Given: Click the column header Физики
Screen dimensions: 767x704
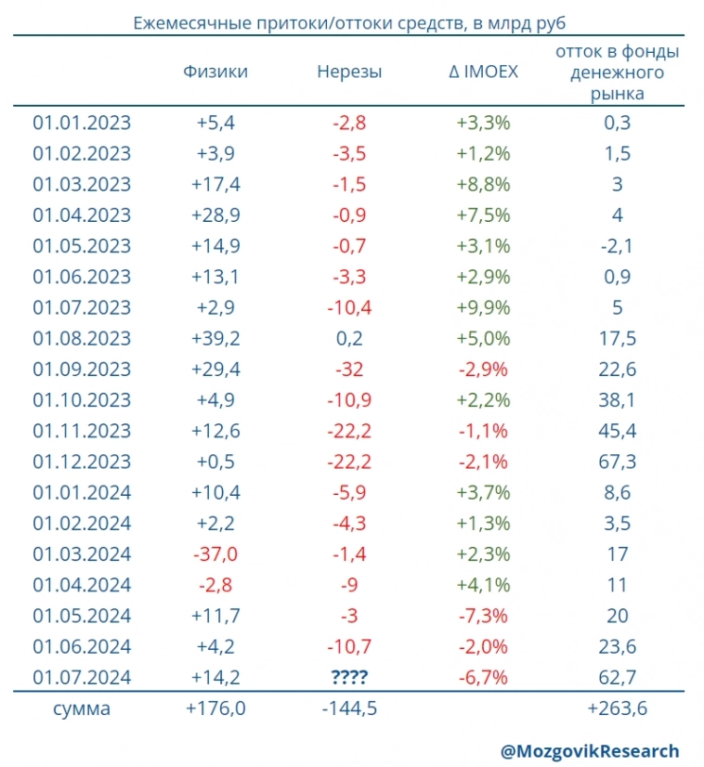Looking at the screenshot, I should point(215,71).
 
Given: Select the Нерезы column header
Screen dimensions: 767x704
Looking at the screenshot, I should point(349,71).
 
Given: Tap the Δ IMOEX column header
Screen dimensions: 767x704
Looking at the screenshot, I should point(483,71).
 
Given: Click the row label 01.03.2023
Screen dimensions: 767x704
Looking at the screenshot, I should point(82,184).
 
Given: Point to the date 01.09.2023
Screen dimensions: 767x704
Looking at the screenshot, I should point(82,369).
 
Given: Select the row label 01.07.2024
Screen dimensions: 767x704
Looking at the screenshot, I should point(82,677).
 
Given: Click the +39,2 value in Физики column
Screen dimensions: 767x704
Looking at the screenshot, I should point(215,338).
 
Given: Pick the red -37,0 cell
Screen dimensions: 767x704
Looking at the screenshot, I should point(215,553).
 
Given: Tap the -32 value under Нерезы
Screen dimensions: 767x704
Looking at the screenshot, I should point(349,369).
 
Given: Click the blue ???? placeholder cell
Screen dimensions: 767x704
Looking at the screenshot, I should point(349,677).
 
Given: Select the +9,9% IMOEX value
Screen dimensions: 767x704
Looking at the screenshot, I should point(483,307).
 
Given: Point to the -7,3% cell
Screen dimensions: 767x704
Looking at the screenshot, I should point(483,616).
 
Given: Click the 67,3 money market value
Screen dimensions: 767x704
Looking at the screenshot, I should point(618,461).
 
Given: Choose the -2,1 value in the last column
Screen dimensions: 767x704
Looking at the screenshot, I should point(618,245).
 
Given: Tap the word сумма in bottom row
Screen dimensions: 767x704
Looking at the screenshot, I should point(82,709).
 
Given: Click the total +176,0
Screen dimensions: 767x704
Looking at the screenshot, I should point(215,709).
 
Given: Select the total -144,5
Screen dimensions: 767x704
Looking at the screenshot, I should point(349,709).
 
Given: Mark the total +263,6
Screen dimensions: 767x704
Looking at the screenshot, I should point(618,709).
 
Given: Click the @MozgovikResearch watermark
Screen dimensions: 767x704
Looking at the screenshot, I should point(590,750).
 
